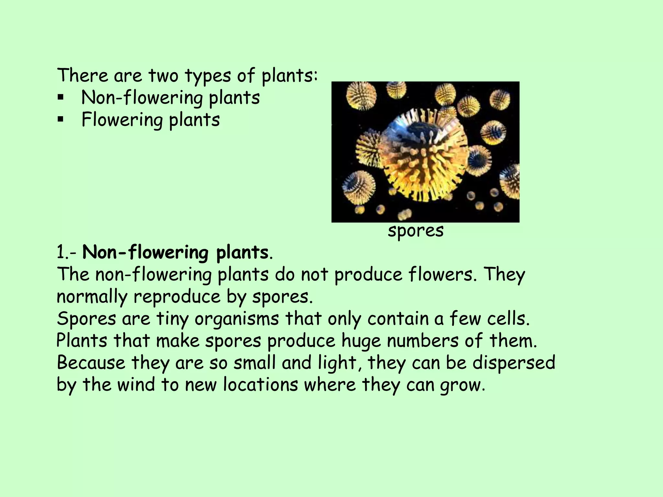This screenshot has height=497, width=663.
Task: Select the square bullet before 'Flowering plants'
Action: click(60, 119)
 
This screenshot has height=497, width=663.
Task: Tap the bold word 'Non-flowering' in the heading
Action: click(145, 253)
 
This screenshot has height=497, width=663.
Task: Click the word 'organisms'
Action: click(237, 319)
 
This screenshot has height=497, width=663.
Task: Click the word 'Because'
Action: click(91, 363)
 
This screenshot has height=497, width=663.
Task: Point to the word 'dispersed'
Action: click(514, 363)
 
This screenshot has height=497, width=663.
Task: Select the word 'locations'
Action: click(260, 385)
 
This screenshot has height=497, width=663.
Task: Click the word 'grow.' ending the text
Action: click(463, 386)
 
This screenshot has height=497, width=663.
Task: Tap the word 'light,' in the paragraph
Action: click(337, 363)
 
